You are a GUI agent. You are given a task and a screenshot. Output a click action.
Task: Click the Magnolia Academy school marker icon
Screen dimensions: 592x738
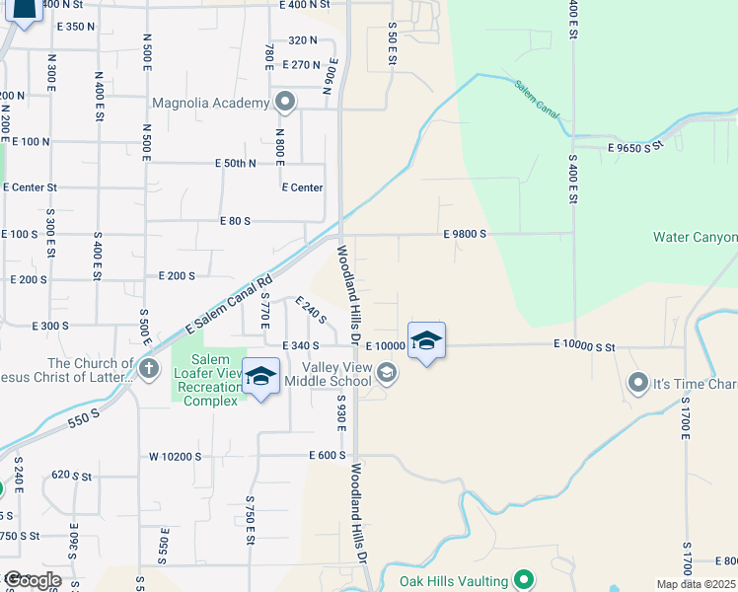(x=286, y=102)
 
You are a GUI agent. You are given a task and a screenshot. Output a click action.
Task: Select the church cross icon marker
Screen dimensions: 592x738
(x=149, y=371)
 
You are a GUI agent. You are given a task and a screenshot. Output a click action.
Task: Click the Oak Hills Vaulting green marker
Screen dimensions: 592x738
(x=524, y=580)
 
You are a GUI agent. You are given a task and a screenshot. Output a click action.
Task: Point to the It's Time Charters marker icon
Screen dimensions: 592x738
(x=638, y=381)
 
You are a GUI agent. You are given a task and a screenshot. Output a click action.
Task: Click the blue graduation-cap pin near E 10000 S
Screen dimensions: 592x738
(x=426, y=341)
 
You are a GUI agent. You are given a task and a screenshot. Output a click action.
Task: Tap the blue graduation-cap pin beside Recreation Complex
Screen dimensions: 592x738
(x=260, y=377)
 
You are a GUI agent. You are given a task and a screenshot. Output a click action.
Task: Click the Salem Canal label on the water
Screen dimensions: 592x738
(x=536, y=100)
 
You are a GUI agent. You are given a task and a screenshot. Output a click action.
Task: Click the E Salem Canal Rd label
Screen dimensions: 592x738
(x=228, y=306)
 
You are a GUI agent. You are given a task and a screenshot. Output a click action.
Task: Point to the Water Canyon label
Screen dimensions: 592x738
(x=695, y=238)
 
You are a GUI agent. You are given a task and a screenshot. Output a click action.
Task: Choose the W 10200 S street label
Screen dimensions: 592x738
(x=175, y=457)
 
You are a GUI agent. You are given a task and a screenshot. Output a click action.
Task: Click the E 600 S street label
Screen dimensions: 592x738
(x=327, y=456)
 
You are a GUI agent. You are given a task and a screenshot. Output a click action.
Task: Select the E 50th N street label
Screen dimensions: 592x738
(x=235, y=163)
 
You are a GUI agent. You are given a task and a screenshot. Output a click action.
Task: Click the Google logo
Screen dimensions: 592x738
(x=33, y=580)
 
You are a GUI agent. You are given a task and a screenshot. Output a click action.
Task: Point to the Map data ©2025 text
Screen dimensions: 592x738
(x=697, y=584)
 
